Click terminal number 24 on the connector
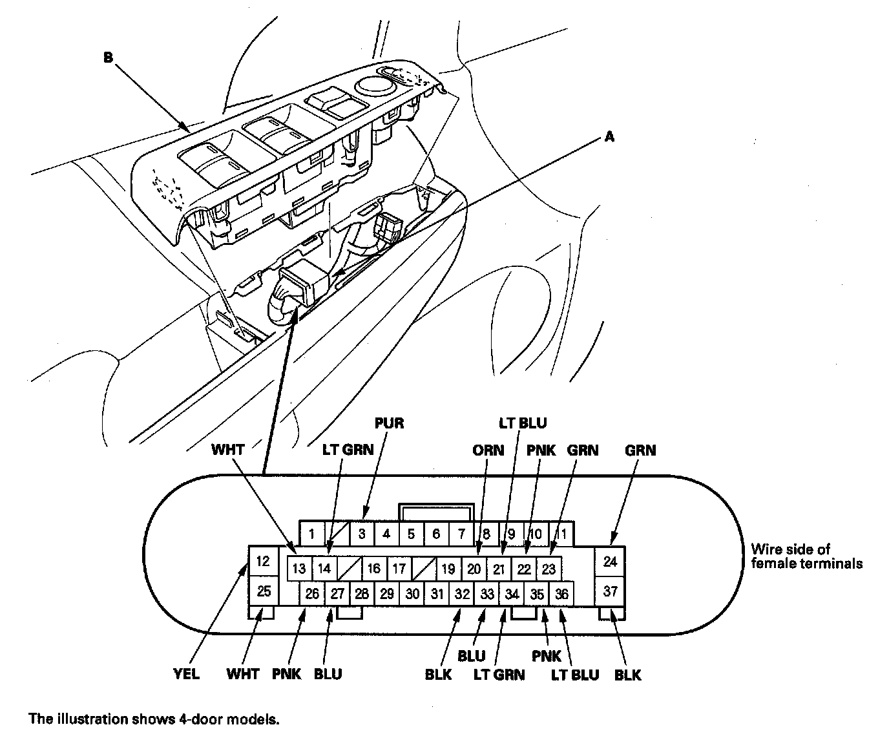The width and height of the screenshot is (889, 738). click(610, 561)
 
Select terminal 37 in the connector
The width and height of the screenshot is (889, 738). click(610, 591)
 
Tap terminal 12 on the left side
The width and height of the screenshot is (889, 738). click(263, 561)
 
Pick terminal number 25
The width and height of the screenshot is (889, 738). click(263, 591)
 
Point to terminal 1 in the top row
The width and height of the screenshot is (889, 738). click(311, 534)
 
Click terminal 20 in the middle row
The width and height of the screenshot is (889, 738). click(474, 569)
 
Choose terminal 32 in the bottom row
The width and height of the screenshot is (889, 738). click(461, 594)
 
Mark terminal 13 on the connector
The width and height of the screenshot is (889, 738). click(298, 569)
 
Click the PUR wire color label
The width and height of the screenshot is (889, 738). click(389, 423)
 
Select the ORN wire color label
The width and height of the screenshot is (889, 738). click(488, 450)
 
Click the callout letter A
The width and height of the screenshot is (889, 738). click(609, 137)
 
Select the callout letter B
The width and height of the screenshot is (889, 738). click(108, 58)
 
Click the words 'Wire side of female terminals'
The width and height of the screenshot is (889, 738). click(806, 556)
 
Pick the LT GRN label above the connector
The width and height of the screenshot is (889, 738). click(348, 450)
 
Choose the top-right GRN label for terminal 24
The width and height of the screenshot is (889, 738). click(640, 450)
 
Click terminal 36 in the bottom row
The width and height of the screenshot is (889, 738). click(561, 594)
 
